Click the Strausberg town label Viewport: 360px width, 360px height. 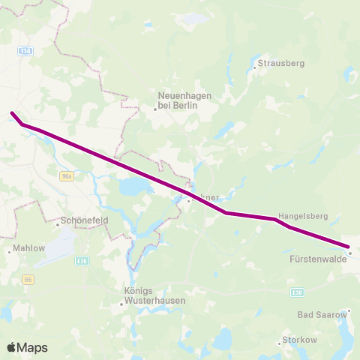[x=281, y=64]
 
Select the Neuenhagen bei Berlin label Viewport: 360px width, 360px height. [x=184, y=100]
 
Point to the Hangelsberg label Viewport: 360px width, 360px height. [x=304, y=215]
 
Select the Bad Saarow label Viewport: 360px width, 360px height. [x=322, y=315]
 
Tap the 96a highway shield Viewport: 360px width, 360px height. [x=67, y=175]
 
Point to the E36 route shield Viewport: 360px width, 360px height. [x=82, y=260]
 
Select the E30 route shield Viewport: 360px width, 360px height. [x=298, y=292]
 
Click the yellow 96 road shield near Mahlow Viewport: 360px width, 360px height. [x=28, y=279]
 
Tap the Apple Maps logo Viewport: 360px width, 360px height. [x=27, y=347]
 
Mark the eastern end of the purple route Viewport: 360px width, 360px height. [x=349, y=247]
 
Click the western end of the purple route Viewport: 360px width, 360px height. [x=11, y=113]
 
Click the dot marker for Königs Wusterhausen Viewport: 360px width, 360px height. [x=121, y=304]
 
